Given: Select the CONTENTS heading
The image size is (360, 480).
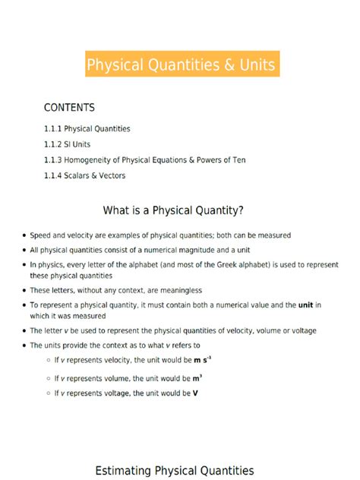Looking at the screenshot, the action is tap(69, 108).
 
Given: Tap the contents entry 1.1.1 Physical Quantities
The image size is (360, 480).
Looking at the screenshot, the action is tap(87, 129).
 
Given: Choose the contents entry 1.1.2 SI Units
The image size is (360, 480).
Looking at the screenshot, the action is tap(71, 144).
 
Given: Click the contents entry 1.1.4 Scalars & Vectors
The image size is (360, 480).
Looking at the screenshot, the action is tap(84, 175).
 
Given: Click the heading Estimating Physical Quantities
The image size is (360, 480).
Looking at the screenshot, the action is tap(175, 471).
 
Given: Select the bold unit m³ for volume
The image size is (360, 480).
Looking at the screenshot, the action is tap(196, 377).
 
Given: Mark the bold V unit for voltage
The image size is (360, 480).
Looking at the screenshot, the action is tap(195, 393).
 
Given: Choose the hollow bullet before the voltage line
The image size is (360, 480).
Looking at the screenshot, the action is tap(48, 393).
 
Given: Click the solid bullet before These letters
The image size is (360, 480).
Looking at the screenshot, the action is tap(24, 291).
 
